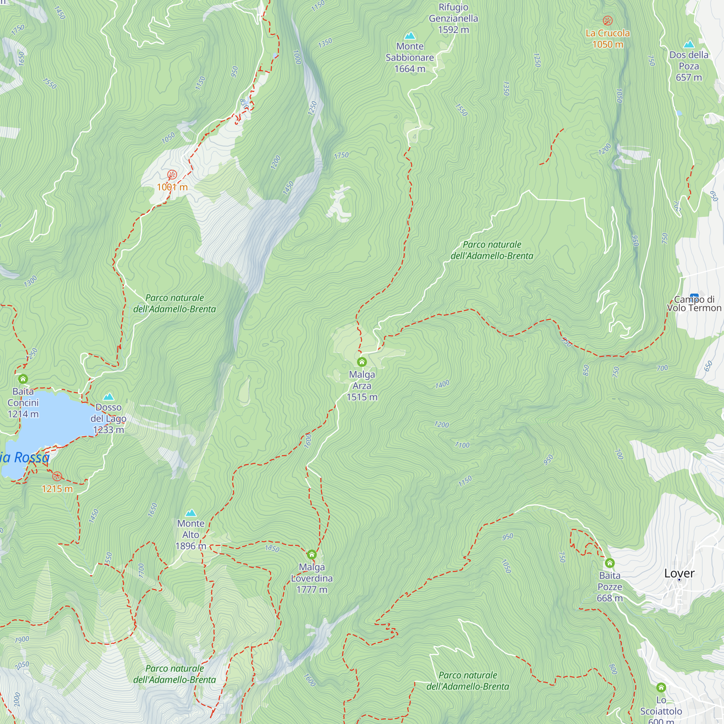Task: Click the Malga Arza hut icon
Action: (362, 362)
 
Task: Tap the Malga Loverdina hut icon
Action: (312, 554)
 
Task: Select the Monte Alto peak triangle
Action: (191, 513)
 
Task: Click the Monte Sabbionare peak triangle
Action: (410, 35)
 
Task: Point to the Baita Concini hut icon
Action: (23, 379)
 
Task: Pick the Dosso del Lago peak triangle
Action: (108, 396)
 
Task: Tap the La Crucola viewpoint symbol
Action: (607, 20)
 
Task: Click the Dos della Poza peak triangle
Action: (689, 44)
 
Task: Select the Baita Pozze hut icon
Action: (610, 563)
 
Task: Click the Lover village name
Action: (679, 573)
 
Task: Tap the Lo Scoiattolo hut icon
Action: (661, 687)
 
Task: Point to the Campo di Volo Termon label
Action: (694, 304)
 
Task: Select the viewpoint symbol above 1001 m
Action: (172, 174)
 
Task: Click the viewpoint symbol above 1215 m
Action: (57, 476)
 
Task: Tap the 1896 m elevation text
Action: (191, 546)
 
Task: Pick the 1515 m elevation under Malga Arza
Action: (362, 397)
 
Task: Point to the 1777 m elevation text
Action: (312, 589)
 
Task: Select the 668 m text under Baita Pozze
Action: (610, 598)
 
